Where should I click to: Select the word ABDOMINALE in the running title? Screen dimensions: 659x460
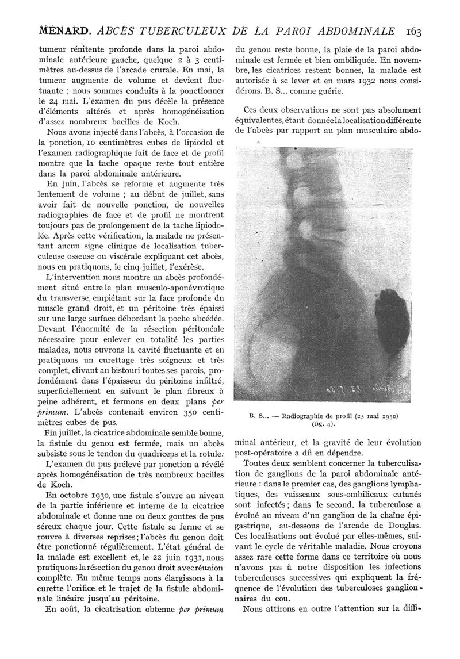(355, 30)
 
